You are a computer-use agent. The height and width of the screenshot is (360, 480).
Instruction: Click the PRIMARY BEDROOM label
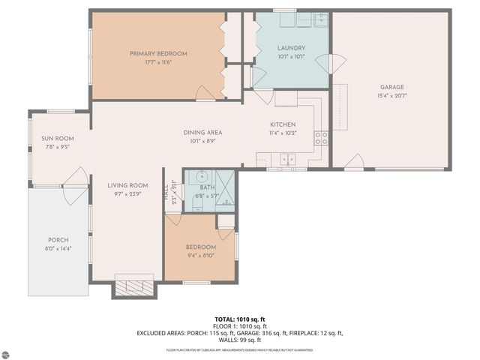click(x=157, y=53)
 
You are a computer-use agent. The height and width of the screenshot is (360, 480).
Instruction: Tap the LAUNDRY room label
click(x=290, y=48)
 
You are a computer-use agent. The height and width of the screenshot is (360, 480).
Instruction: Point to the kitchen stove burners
click(x=321, y=137)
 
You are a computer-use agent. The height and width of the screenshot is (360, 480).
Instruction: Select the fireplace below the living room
click(x=135, y=286)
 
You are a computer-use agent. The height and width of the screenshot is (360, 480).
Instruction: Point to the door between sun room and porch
click(x=75, y=184)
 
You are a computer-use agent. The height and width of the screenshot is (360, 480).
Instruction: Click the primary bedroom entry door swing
click(x=203, y=93)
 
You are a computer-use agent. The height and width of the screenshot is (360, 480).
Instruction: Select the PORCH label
click(x=58, y=240)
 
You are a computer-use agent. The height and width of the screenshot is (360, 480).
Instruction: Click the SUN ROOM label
click(x=57, y=139)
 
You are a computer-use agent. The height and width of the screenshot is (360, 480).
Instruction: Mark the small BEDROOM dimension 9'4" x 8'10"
click(x=200, y=255)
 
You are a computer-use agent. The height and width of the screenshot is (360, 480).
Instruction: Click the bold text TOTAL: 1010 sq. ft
click(x=239, y=319)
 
